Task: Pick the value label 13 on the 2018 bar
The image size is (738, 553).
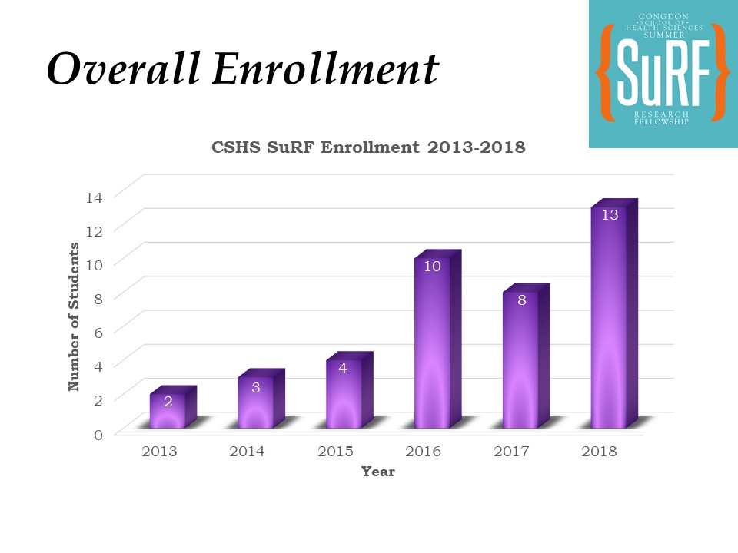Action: coord(610,215)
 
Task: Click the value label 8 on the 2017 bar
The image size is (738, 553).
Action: coord(521,300)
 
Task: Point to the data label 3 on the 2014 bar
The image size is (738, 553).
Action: coord(256,388)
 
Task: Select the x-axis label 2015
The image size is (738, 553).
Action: coord(335,452)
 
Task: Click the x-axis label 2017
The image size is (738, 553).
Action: coord(511,452)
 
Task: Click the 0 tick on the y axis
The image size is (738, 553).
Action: coord(97,435)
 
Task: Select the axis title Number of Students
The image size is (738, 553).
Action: coord(75,316)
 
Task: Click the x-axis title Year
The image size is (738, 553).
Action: coord(378,472)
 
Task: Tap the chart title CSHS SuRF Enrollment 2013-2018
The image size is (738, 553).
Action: coord(368,147)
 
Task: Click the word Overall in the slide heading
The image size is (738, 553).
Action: coord(123,69)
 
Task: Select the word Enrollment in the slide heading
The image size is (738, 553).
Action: coord(325,69)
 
